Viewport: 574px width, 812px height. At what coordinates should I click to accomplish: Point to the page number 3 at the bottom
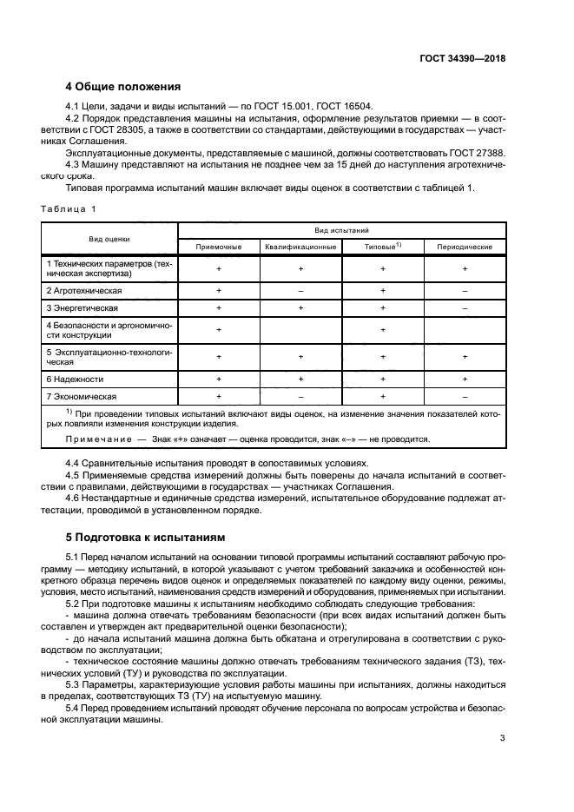(503, 739)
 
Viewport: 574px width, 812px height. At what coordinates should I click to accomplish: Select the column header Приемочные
(219, 247)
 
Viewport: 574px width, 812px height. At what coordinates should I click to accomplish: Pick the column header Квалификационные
(300, 247)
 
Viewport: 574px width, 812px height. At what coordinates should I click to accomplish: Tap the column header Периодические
(465, 247)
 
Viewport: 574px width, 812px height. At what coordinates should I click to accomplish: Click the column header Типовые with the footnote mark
(382, 247)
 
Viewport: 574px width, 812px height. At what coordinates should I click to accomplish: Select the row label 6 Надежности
(75, 379)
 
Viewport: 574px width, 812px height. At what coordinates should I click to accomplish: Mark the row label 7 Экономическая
(82, 396)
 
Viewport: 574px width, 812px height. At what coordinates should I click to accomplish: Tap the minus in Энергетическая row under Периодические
(465, 307)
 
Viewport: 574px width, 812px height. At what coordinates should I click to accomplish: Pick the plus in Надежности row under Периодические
(465, 379)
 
